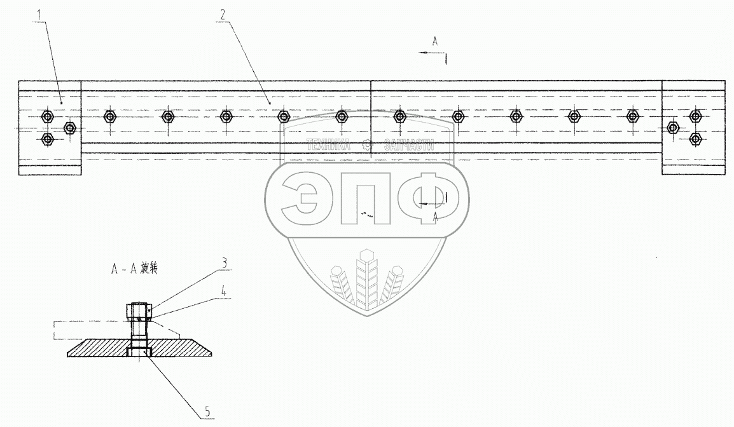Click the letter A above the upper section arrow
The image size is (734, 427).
coord(435,41)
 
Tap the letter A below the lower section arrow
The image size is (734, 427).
coord(435,216)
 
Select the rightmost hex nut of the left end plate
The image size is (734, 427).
coord(71,128)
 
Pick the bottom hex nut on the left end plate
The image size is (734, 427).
coord(46,139)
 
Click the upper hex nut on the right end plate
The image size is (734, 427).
coord(695,116)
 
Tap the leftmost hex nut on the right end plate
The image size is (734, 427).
coord(672,128)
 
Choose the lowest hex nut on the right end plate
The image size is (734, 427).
coord(695,139)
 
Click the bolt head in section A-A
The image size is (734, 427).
coord(140,311)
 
